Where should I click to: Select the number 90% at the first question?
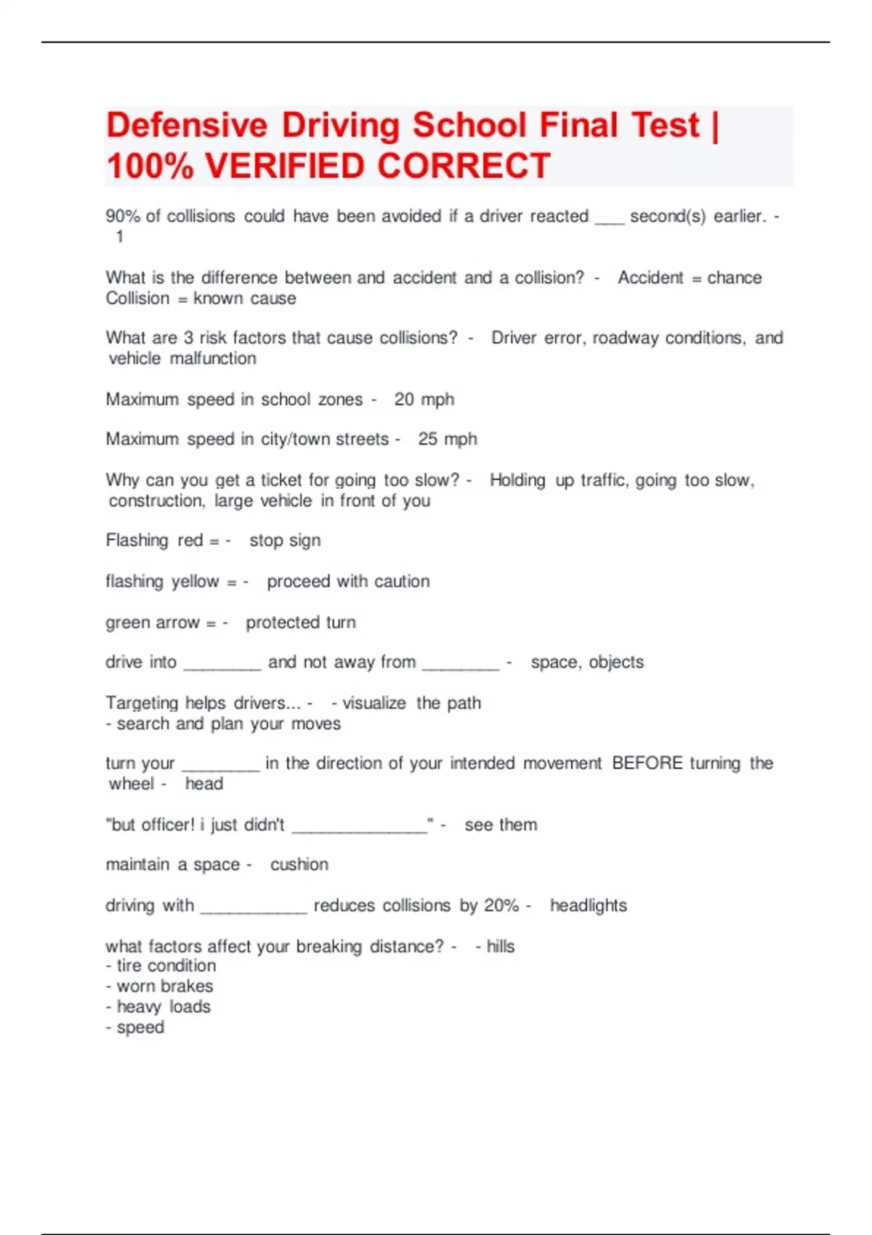tap(123, 216)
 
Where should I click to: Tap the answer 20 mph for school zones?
tap(424, 400)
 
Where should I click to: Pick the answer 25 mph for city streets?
tap(447, 440)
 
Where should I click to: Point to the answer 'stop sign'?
tap(285, 540)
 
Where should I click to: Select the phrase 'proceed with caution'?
tap(348, 582)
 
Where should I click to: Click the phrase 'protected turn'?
tap(301, 623)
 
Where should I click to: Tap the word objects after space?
tap(616, 663)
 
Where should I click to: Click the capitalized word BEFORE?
tap(647, 764)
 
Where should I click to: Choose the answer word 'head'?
tap(204, 784)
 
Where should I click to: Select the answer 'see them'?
tap(501, 825)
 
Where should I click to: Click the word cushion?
tap(299, 864)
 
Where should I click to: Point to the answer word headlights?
tap(588, 906)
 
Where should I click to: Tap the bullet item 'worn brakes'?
tap(165, 987)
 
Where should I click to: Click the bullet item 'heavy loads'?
tap(163, 1007)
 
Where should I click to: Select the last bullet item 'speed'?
tap(140, 1028)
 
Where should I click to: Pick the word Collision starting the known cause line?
tap(137, 299)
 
